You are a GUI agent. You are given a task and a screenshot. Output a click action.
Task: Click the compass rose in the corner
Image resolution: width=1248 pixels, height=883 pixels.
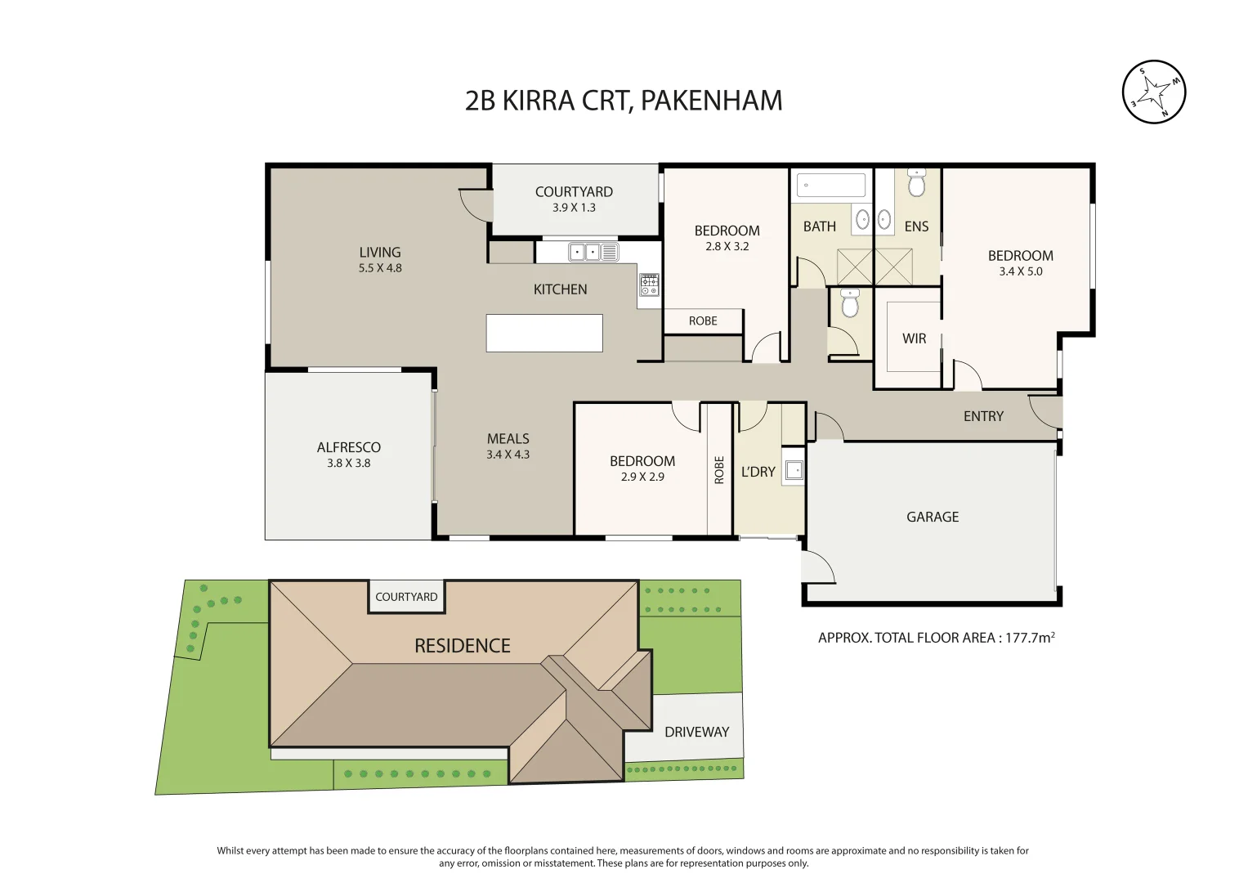pyautogui.click(x=1153, y=92)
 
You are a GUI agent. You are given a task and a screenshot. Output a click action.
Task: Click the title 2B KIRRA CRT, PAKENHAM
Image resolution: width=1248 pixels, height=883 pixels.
pyautogui.click(x=624, y=101)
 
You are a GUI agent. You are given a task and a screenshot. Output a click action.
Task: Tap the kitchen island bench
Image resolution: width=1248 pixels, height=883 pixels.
pyautogui.click(x=544, y=333)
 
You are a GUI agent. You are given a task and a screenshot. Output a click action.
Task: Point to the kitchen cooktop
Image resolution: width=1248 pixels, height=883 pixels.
pyautogui.click(x=649, y=284)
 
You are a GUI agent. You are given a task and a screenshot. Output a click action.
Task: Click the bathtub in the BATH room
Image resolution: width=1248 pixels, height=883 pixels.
pyautogui.click(x=831, y=185)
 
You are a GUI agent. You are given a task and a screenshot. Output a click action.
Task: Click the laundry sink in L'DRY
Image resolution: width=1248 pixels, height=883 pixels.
pyautogui.click(x=793, y=470)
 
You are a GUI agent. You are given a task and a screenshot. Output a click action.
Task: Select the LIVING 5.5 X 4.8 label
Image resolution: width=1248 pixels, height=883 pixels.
pyautogui.click(x=380, y=259)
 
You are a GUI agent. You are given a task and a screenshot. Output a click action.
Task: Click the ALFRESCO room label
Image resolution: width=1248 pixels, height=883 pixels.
pyautogui.click(x=349, y=447)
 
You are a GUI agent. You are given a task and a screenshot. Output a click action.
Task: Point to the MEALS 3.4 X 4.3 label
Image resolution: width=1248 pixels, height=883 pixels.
pyautogui.click(x=508, y=446)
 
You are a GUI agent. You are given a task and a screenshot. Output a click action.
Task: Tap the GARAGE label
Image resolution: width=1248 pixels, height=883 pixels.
pyautogui.click(x=933, y=517)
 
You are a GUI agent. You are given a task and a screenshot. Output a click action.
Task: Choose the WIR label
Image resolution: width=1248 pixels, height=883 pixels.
pyautogui.click(x=914, y=338)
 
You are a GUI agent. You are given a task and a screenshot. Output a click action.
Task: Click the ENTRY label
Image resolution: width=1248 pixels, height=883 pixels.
pyautogui.click(x=983, y=416)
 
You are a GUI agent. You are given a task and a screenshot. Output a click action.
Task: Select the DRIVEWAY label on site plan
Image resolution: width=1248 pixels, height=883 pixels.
pyautogui.click(x=696, y=732)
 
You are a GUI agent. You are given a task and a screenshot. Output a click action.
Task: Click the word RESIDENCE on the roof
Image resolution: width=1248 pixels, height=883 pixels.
pyautogui.click(x=462, y=646)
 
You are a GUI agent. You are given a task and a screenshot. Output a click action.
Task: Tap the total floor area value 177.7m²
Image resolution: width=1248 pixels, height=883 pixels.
pyautogui.click(x=1029, y=638)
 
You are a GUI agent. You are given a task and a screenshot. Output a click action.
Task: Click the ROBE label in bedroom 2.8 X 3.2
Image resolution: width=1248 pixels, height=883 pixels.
pyautogui.click(x=703, y=321)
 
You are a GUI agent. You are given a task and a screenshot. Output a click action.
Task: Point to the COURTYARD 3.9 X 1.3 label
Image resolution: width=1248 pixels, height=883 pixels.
pyautogui.click(x=574, y=199)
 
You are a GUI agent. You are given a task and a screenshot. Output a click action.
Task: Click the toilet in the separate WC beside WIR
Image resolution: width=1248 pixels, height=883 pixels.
pyautogui.click(x=850, y=304)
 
